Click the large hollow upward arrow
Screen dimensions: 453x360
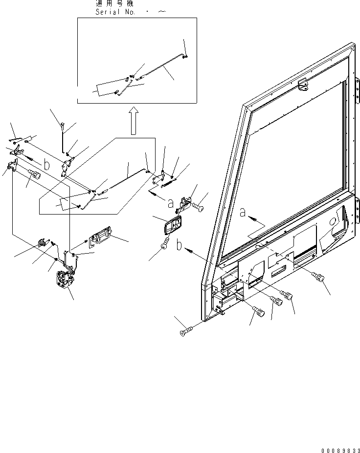(x=133, y=121)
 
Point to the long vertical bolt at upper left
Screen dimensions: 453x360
(x=64, y=139)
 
